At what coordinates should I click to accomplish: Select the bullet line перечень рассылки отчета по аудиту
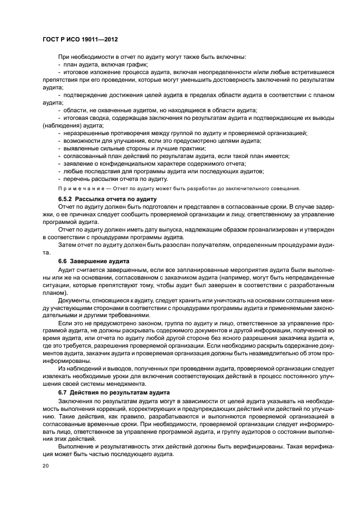pyautogui.click(x=115, y=179)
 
